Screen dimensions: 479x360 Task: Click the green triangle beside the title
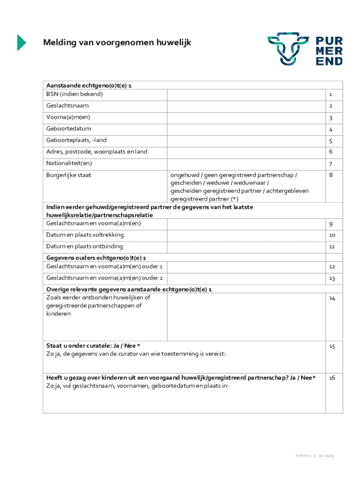tap(22, 43)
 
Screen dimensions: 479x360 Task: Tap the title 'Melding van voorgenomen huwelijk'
tap(117, 43)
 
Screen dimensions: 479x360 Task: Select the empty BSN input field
tap(246, 94)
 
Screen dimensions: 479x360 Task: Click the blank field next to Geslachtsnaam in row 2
tap(246, 106)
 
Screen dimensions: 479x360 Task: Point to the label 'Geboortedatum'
tap(69, 129)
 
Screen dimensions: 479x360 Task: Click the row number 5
tap(330, 141)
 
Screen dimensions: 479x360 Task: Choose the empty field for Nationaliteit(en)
tap(246, 164)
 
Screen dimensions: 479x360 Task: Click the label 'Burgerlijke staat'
tap(69, 175)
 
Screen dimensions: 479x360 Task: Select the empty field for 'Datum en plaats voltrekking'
tap(246, 235)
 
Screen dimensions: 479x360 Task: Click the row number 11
tap(332, 247)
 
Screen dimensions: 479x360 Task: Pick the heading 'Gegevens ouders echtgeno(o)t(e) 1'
tap(96, 258)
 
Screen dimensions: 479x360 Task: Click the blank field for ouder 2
tap(246, 278)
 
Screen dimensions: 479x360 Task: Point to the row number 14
tap(332, 298)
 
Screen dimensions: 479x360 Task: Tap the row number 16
tap(332, 377)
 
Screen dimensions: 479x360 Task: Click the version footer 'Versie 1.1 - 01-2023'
tap(314, 456)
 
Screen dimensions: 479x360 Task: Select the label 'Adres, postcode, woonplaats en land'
tap(97, 152)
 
